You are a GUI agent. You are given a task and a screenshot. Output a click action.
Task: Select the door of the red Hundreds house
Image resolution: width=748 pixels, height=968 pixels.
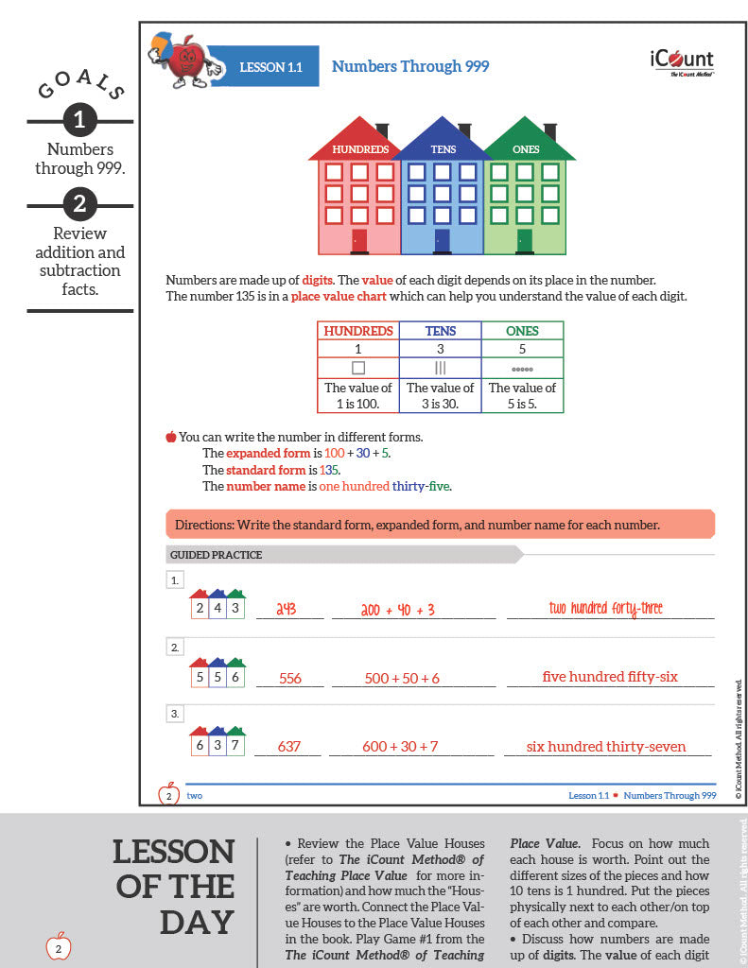point(359,241)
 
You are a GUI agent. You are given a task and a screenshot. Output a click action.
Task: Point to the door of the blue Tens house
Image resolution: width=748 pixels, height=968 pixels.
point(443,241)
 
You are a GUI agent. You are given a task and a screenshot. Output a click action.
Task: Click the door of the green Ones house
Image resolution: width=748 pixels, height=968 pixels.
point(525,241)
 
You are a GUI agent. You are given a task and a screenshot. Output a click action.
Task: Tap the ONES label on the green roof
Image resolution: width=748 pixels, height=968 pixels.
point(526,149)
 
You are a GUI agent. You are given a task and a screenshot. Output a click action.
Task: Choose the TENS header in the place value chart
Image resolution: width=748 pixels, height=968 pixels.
point(440,331)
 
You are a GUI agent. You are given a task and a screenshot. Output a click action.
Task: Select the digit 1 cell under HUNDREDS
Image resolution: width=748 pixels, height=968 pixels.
point(357,349)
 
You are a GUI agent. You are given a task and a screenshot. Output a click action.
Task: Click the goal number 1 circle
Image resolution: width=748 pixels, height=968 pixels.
point(79,119)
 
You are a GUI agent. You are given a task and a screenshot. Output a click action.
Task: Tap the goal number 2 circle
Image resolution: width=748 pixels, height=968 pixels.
point(79,203)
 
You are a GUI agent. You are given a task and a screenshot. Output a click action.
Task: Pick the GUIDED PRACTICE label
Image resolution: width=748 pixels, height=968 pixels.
point(217,555)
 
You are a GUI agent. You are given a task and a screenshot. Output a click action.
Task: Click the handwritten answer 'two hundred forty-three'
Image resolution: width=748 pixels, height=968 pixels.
point(605,609)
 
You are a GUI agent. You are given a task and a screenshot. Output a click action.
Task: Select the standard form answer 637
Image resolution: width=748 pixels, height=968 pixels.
point(289,747)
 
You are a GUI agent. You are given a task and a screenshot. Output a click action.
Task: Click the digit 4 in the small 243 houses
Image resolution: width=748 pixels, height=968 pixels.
point(217,609)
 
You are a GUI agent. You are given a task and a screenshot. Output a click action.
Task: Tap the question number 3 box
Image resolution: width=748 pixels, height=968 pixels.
point(175,715)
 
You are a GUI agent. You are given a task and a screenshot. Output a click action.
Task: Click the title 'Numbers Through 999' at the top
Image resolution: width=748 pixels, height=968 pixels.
point(410,67)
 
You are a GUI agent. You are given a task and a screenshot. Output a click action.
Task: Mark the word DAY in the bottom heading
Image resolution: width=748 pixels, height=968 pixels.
point(198,922)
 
